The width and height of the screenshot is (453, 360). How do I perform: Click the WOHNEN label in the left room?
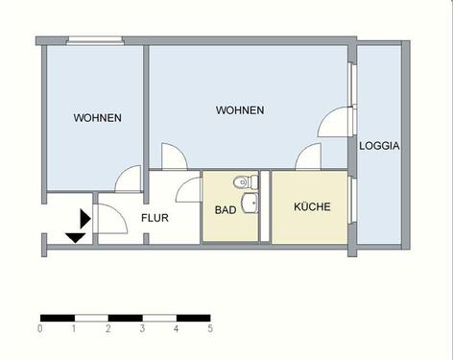pyautogui.click(x=97, y=119)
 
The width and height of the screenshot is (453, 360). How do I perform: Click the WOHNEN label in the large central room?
pyautogui.click(x=240, y=110)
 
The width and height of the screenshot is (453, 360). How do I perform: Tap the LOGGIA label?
pyautogui.click(x=379, y=147)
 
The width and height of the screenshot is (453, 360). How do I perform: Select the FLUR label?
pyautogui.click(x=155, y=218)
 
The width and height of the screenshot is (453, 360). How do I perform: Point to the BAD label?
pyautogui.click(x=226, y=209)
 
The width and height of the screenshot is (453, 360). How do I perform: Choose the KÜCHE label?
pyautogui.click(x=312, y=206)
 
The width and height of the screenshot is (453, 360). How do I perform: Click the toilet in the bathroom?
pyautogui.click(x=244, y=180)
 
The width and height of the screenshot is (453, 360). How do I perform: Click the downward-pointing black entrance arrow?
pyautogui.click(x=74, y=236)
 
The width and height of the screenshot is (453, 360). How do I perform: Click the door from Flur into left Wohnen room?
pyautogui.click(x=126, y=179)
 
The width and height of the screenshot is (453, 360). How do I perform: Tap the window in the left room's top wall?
pyautogui.click(x=95, y=39)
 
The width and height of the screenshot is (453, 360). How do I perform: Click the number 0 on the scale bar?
pyautogui.click(x=40, y=329)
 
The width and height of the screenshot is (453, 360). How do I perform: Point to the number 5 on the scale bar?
pyautogui.click(x=210, y=329)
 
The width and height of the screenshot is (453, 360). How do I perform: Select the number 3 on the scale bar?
pyautogui.click(x=142, y=329)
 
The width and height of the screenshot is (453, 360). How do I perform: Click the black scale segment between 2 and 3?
pyautogui.click(x=125, y=317)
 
